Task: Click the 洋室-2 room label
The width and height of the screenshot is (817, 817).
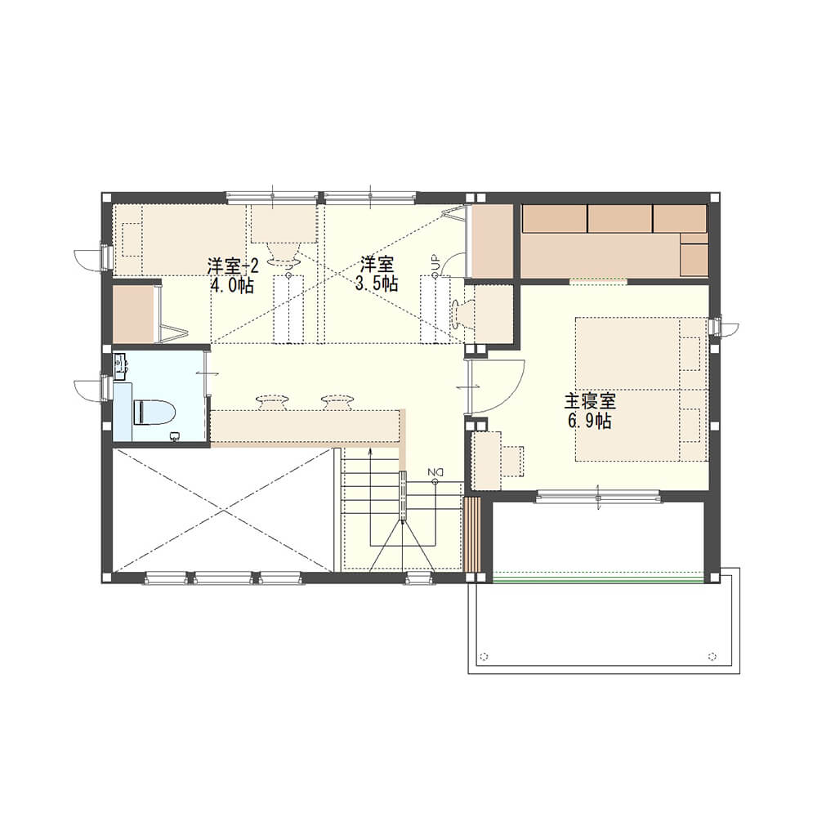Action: pyautogui.click(x=232, y=267)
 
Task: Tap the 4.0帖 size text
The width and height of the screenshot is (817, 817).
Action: pyautogui.click(x=232, y=285)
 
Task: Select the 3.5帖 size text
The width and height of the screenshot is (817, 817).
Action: pyautogui.click(x=377, y=283)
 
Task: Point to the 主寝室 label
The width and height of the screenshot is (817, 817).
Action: pyautogui.click(x=589, y=401)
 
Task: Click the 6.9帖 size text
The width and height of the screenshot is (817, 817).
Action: pyautogui.click(x=589, y=421)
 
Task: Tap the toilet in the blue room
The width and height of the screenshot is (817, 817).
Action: pyautogui.click(x=154, y=412)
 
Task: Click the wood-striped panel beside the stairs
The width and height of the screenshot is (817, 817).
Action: pyautogui.click(x=472, y=534)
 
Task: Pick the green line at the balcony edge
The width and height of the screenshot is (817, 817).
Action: pyautogui.click(x=597, y=580)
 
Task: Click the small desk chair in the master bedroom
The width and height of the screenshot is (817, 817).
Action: pyautogui.click(x=513, y=461)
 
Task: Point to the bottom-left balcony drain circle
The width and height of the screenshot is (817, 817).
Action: pyautogui.click(x=484, y=656)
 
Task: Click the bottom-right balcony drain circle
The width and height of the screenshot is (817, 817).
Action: pyautogui.click(x=712, y=656)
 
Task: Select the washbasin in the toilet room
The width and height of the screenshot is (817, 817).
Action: pyautogui.click(x=120, y=361)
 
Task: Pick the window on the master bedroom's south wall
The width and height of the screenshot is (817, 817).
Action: pyautogui.click(x=598, y=496)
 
